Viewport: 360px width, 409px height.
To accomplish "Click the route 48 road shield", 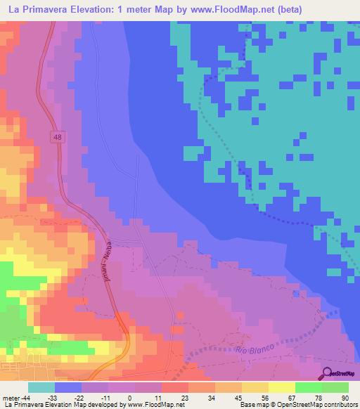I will [x=57, y=138].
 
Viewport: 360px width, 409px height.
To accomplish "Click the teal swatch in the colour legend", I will [x=41, y=387].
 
